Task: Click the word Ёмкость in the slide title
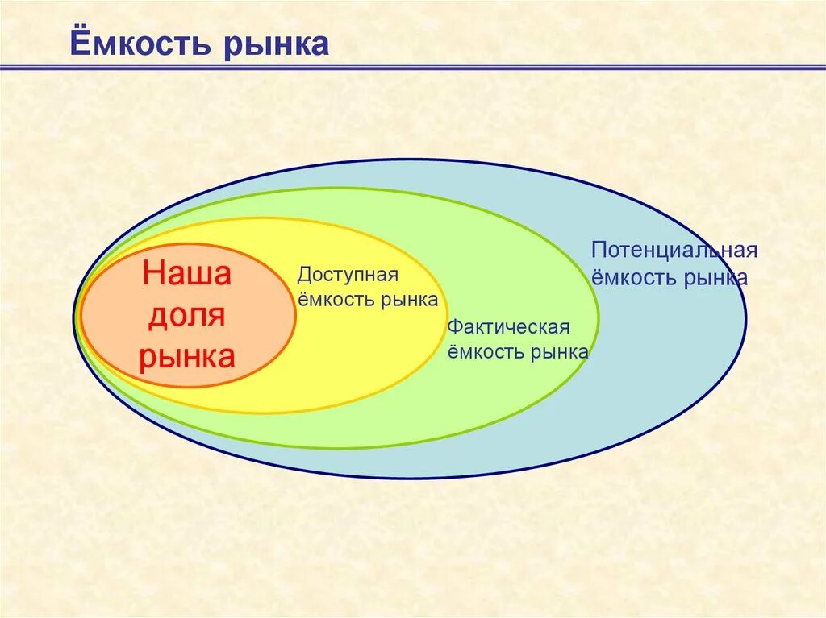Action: pos(137,44)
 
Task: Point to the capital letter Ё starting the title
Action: pos(80,42)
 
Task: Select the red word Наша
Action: pos(187,274)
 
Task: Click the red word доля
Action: pos(187,316)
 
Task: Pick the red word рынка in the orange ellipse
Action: pos(187,356)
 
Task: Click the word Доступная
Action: pos(348,275)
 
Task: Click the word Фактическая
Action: pos(509,327)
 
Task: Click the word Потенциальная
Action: pos(674,250)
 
